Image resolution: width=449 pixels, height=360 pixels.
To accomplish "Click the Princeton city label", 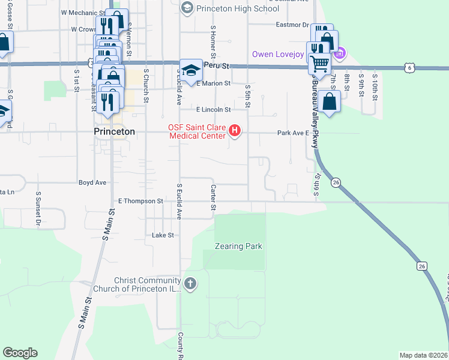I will click(115, 131).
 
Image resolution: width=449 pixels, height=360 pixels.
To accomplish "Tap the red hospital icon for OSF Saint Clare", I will click(235, 130).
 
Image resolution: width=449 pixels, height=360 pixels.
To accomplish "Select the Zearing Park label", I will click(240, 246).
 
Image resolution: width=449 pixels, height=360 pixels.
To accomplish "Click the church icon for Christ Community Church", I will click(190, 283).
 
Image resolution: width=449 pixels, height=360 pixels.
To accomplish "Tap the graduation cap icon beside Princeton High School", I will click(187, 7).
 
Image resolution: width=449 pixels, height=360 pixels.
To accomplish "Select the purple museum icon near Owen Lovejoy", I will click(339, 54).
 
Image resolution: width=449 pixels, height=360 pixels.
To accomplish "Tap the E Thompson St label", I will click(141, 201).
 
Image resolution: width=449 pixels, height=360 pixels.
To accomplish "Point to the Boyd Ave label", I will click(92, 182).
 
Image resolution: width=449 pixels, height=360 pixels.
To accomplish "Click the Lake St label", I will click(163, 235).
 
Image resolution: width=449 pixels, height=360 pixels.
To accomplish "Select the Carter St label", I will click(213, 197).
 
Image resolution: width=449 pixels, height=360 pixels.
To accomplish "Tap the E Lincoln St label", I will click(214, 110).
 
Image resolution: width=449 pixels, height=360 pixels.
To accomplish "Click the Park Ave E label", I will click(292, 133).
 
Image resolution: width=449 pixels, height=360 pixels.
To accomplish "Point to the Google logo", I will click(20, 353).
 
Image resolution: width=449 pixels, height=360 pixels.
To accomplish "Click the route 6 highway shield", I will click(409, 68).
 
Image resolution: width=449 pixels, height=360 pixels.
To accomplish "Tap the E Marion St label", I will click(214, 84).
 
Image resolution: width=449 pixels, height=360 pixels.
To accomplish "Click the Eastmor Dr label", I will click(292, 25).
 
